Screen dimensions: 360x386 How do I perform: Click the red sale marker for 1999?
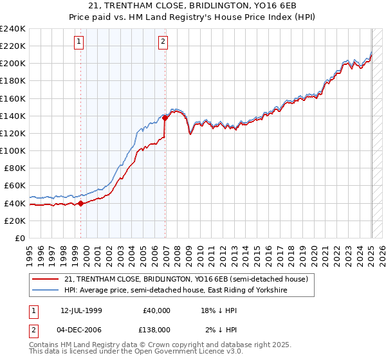80,204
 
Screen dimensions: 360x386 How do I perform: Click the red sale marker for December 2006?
165,118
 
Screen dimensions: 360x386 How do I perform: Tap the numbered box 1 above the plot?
78,42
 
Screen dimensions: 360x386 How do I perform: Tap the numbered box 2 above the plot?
163,42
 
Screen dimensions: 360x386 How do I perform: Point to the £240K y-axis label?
13,29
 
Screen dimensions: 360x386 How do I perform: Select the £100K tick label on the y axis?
13,150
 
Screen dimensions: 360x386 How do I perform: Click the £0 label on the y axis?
19,238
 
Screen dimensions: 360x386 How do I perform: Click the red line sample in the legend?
46,280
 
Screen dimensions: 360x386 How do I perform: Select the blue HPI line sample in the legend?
46,291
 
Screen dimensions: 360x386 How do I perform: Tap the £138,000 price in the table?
156,329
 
